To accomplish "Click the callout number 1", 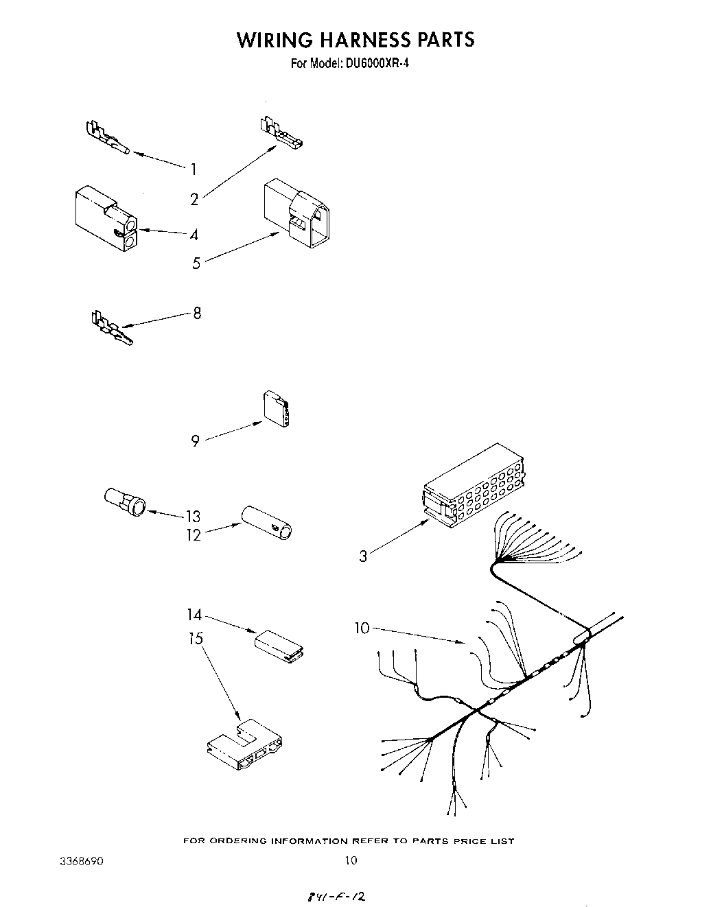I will (194, 169).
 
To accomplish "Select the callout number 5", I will (196, 263).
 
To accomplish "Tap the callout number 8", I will (197, 314).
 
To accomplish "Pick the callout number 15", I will (196, 639).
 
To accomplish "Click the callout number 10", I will (362, 627).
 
